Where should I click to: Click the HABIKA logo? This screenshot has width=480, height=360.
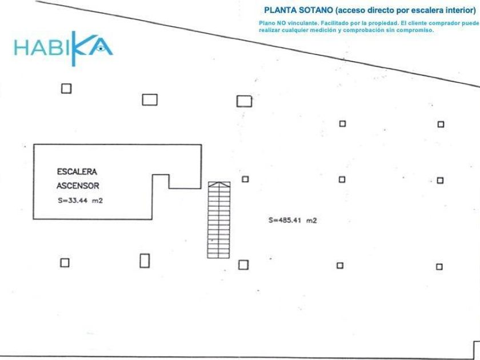coord(63,49)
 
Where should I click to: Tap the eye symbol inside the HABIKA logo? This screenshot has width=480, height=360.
coord(100,48)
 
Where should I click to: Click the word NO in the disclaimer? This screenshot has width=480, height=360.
coord(282,23)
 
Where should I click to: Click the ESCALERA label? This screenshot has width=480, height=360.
coord(77,171)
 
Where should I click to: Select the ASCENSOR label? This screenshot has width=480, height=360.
coord(78,186)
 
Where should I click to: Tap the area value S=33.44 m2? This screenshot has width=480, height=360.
coord(80,201)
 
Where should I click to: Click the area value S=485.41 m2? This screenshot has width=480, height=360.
coord(293,220)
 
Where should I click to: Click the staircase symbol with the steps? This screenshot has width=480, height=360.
coord(219,220)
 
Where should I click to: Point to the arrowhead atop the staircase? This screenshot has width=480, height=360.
coord(219,184)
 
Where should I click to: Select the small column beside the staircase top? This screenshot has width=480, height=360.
coord(245,179)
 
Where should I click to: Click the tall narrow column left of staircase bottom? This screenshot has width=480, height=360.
coord(145,261)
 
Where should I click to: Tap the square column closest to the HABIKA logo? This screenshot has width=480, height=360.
coord(66,89)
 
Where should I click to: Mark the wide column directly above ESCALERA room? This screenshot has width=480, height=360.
coord(150,100)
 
